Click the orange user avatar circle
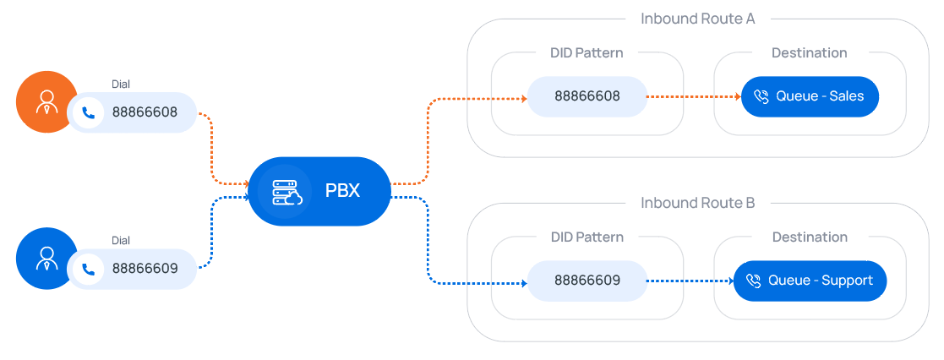pyautogui.click(x=46, y=102)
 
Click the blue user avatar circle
pyautogui.click(x=46, y=258)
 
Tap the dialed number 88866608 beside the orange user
pyautogui.click(x=145, y=112)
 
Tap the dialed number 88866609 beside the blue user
pyautogui.click(x=145, y=269)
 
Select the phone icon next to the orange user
pyautogui.click(x=88, y=112)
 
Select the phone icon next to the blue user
pyautogui.click(x=88, y=269)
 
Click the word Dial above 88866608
pyautogui.click(x=121, y=84)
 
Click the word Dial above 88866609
pyautogui.click(x=121, y=240)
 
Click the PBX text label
pyautogui.click(x=342, y=191)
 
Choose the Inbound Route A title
pyautogui.click(x=697, y=19)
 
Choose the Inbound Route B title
pyautogui.click(x=697, y=203)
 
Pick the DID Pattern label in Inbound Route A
pyautogui.click(x=587, y=52)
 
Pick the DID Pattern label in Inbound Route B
pyautogui.click(x=587, y=237)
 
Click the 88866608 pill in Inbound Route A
pyautogui.click(x=587, y=96)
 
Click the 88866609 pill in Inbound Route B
pyautogui.click(x=587, y=281)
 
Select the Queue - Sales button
pyautogui.click(x=810, y=96)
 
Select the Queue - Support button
pyautogui.click(x=810, y=281)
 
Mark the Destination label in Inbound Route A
pyautogui.click(x=809, y=52)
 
